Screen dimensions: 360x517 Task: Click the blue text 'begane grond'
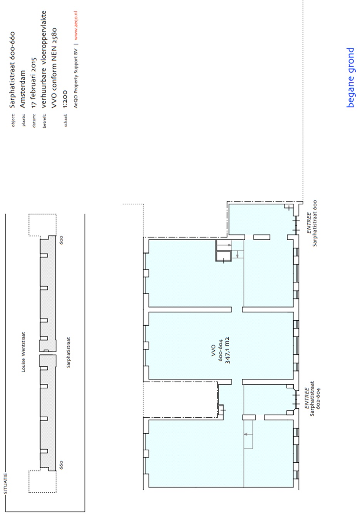click(x=350, y=77)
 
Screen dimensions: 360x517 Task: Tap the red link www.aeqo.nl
click(x=76, y=26)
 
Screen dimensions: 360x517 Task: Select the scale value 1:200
click(x=65, y=99)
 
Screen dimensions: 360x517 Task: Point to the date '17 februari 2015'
click(x=34, y=83)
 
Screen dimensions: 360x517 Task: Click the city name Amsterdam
click(x=23, y=89)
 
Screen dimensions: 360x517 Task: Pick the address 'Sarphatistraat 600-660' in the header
click(x=12, y=70)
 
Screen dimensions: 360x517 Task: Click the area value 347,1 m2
click(x=228, y=350)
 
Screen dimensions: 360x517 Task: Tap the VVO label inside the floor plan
click(x=213, y=350)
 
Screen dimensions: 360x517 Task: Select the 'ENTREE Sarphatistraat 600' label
click(x=312, y=223)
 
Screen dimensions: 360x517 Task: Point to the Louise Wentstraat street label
click(x=23, y=352)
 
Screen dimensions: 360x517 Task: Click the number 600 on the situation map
click(x=61, y=240)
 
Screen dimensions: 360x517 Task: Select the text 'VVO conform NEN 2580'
click(x=54, y=68)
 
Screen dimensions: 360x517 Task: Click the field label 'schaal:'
click(x=65, y=120)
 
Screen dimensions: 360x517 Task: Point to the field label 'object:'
click(x=13, y=120)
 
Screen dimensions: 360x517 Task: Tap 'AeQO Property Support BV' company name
click(x=76, y=78)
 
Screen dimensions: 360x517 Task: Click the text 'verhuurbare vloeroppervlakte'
click(x=44, y=59)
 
